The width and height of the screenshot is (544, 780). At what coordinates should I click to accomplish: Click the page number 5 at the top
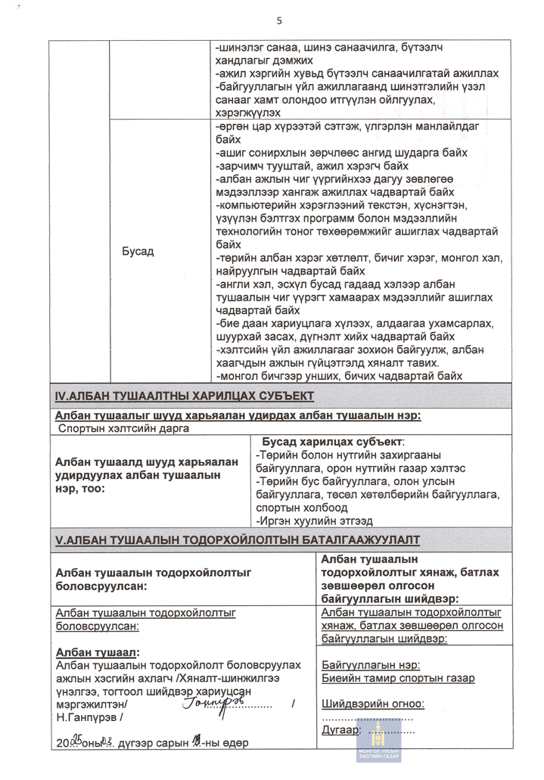point(279,20)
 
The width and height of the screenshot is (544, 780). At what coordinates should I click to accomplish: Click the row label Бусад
point(138,251)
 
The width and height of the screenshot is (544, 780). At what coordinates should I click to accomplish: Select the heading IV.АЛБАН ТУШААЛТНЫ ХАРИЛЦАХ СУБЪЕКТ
point(185,396)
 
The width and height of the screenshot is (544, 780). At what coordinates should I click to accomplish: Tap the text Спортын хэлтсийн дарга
point(123,428)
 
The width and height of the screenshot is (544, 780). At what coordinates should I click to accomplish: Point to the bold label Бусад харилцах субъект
point(333,441)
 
